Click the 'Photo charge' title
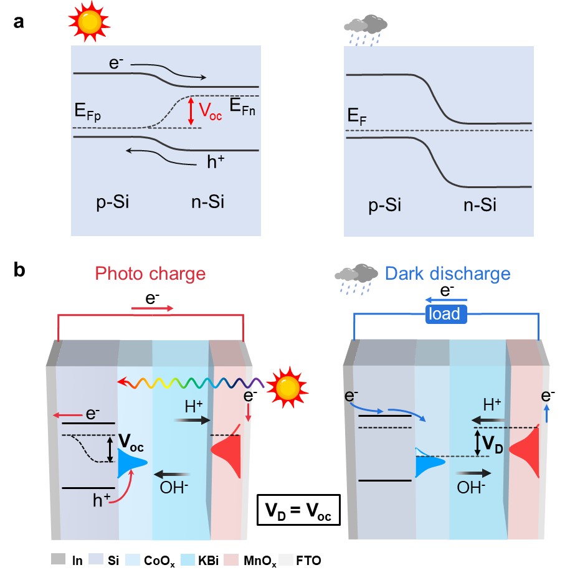click(x=150, y=273)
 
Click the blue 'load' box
click(x=447, y=314)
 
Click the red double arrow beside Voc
click(x=192, y=112)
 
